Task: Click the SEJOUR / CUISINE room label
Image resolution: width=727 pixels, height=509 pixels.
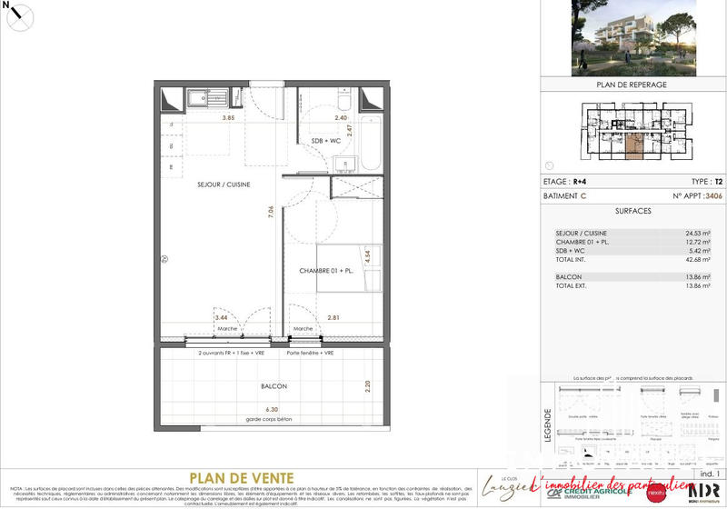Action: click(224, 185)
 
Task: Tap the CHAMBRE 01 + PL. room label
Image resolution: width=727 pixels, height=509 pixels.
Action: click(325, 271)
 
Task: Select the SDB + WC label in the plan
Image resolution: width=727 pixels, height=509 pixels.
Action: click(327, 142)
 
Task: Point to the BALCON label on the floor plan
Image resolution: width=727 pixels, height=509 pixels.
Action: click(274, 386)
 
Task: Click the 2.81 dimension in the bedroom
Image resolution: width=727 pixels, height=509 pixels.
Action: click(307, 318)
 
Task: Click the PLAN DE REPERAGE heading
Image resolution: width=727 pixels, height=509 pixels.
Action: click(632, 85)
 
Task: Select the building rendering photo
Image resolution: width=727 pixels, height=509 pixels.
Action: click(631, 37)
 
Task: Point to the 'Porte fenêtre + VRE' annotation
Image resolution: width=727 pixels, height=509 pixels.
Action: click(310, 353)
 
